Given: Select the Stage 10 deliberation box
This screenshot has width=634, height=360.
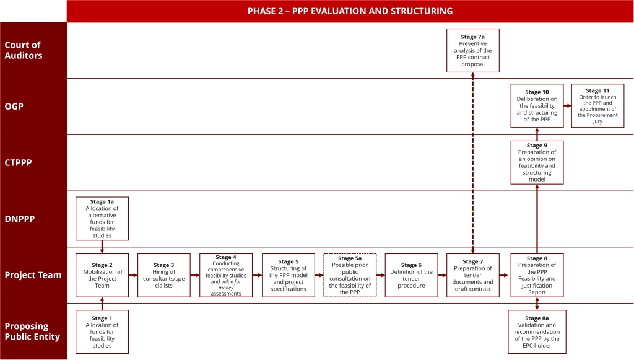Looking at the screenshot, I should coord(537,106).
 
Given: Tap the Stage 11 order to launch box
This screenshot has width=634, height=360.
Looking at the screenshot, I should coord(597,106).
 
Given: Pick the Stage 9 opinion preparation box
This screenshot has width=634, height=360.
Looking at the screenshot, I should coord(537,162).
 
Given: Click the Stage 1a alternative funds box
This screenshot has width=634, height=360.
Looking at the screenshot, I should coord(102,219).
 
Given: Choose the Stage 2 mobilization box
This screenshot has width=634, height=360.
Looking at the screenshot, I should coord(102,275).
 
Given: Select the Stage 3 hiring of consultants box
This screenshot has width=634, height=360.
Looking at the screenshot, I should coord(164,275).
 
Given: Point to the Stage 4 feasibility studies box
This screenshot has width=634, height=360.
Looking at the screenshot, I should coord(226,275).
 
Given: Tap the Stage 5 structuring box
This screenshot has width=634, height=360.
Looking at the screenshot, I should coord(288,275).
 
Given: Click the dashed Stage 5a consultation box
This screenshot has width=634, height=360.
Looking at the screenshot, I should coord(350,275).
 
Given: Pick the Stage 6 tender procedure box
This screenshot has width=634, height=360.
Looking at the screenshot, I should coord(411,275).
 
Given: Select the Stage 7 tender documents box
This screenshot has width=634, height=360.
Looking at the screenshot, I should coord(472,275).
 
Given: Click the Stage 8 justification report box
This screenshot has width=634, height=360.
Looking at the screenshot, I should coord(537,275).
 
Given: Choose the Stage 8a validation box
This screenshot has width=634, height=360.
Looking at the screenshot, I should coord(537,331).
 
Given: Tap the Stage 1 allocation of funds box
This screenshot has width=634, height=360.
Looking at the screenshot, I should coord(102,331).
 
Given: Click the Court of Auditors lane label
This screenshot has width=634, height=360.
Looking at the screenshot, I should coord(24,50).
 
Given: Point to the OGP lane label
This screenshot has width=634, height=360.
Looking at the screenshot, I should coord(14,107).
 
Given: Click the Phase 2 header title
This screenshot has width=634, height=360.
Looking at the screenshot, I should coord(350,11).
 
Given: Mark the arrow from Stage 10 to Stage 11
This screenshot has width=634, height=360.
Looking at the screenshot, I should coord(568,106).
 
